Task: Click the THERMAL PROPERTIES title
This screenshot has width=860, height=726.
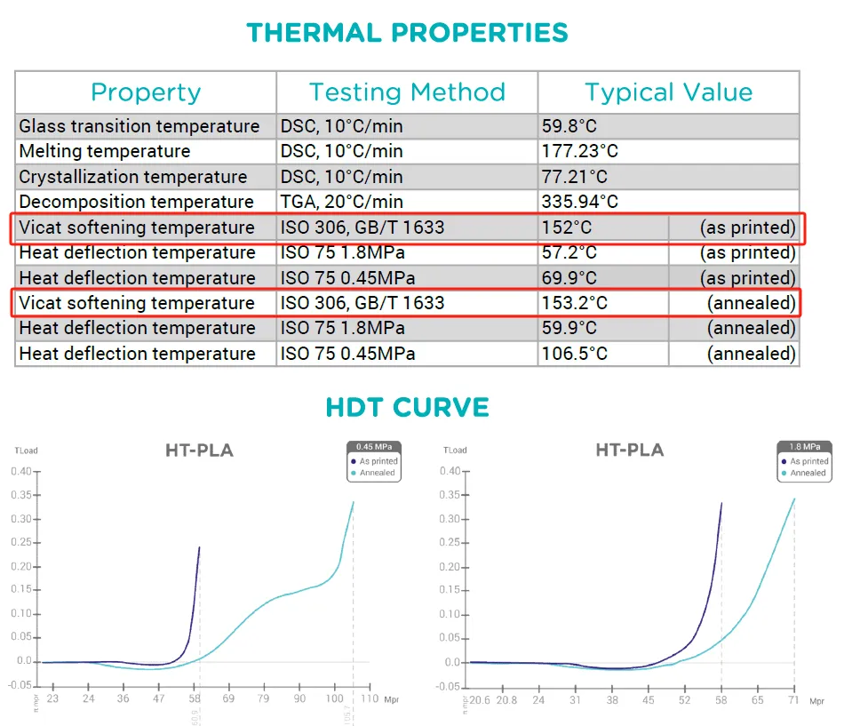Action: (407, 33)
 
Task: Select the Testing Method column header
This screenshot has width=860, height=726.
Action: (407, 92)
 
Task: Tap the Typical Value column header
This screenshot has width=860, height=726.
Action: (668, 92)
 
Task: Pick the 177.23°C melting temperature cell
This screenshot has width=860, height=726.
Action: (579, 151)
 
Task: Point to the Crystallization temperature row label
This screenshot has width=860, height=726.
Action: (133, 177)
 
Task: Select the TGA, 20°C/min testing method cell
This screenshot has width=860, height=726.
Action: (341, 202)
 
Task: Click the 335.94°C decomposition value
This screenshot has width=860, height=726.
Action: (579, 202)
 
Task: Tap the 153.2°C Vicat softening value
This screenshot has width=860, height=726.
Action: (574, 303)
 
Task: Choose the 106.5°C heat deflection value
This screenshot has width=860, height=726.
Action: (574, 354)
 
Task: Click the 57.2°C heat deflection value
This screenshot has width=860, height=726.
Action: (569, 252)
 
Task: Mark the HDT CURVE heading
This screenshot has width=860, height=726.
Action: (407, 408)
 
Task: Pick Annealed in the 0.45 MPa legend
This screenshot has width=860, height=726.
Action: (377, 473)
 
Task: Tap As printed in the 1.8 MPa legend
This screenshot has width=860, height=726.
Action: (808, 461)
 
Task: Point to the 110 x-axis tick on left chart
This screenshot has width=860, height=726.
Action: (369, 698)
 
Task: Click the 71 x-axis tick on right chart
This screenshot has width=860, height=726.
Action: (792, 700)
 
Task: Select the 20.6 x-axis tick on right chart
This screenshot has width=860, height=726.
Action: (481, 700)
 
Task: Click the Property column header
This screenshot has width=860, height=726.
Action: (146, 92)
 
